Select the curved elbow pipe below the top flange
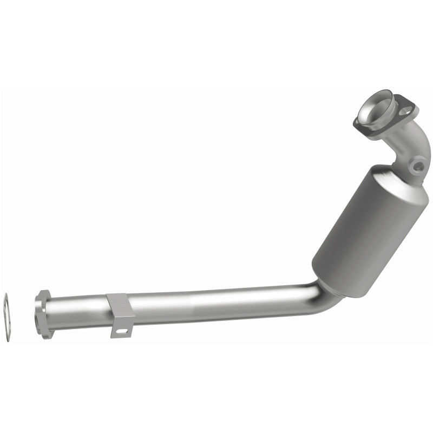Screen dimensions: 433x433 (x=401, y=143)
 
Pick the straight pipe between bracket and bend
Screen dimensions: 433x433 (x=216, y=304)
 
